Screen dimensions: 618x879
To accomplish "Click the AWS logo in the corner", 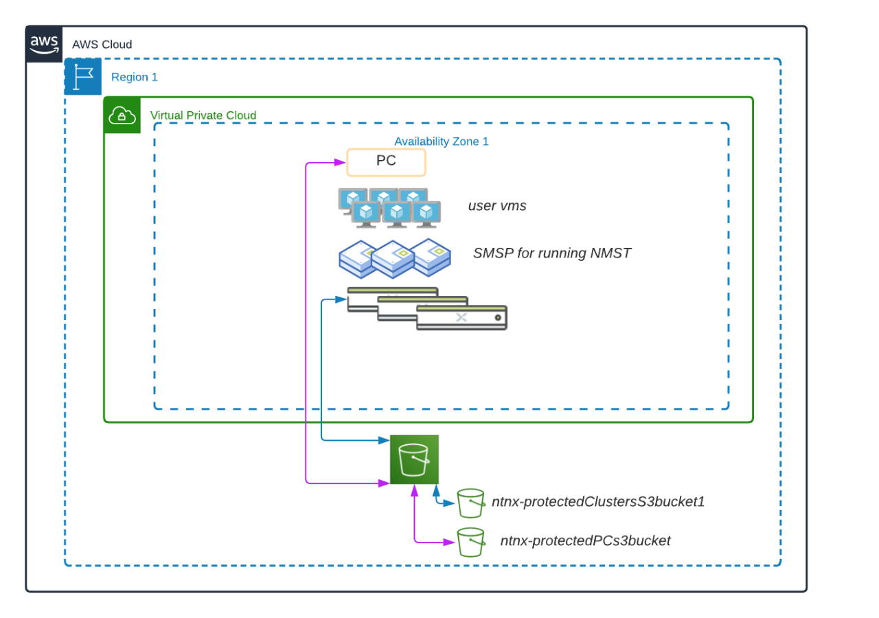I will click(x=44, y=45).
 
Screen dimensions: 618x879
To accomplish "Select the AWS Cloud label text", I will click(x=102, y=45).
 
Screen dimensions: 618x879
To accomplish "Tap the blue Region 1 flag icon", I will click(x=82, y=77).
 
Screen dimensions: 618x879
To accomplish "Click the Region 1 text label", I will click(x=135, y=78).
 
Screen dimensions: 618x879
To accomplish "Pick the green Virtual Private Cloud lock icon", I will click(x=122, y=116).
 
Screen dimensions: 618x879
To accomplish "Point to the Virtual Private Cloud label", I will click(x=203, y=115).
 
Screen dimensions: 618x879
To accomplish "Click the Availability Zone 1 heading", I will click(x=441, y=142).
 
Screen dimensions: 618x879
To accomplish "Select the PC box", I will click(x=386, y=163).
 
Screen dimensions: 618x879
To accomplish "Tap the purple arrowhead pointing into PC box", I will click(x=340, y=163).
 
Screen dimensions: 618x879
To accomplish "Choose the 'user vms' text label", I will click(x=497, y=206).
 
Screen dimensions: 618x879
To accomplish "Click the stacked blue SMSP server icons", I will click(x=394, y=258).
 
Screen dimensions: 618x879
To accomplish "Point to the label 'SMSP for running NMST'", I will click(x=551, y=254).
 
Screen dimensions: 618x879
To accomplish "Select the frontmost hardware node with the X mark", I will click(x=461, y=318).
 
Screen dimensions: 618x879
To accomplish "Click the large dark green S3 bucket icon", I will click(x=414, y=459).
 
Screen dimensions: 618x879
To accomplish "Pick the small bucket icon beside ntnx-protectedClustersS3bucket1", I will click(x=471, y=503).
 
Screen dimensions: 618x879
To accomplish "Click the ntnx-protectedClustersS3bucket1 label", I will click(x=597, y=502).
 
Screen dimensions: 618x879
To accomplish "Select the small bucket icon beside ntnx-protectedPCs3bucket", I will click(x=471, y=542).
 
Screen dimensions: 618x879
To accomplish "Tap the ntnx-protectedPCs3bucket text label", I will click(x=585, y=541).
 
